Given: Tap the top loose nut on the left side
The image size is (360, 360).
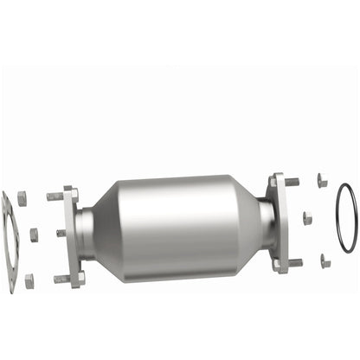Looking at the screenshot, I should point(22,199).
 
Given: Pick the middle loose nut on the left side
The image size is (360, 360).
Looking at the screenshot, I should point(34,235).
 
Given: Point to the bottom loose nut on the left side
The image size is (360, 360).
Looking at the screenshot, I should point(29,280).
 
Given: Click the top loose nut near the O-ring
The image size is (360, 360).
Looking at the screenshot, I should point(322,181).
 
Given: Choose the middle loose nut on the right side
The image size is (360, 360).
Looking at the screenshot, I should point(307,218).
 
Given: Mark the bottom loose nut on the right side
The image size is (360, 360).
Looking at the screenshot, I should point(325,260).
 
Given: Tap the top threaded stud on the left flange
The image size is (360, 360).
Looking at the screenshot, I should point(56,196).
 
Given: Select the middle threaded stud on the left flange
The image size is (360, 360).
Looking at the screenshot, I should point(61,233).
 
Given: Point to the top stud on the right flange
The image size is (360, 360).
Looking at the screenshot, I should point(292,183).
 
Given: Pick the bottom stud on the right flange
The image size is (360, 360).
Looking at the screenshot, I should point(293,262).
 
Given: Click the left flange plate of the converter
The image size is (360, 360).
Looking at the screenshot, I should point(72,236).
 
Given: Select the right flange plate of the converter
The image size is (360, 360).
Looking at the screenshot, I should point(278,221).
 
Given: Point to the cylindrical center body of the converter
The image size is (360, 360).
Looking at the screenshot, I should point(177,223).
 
